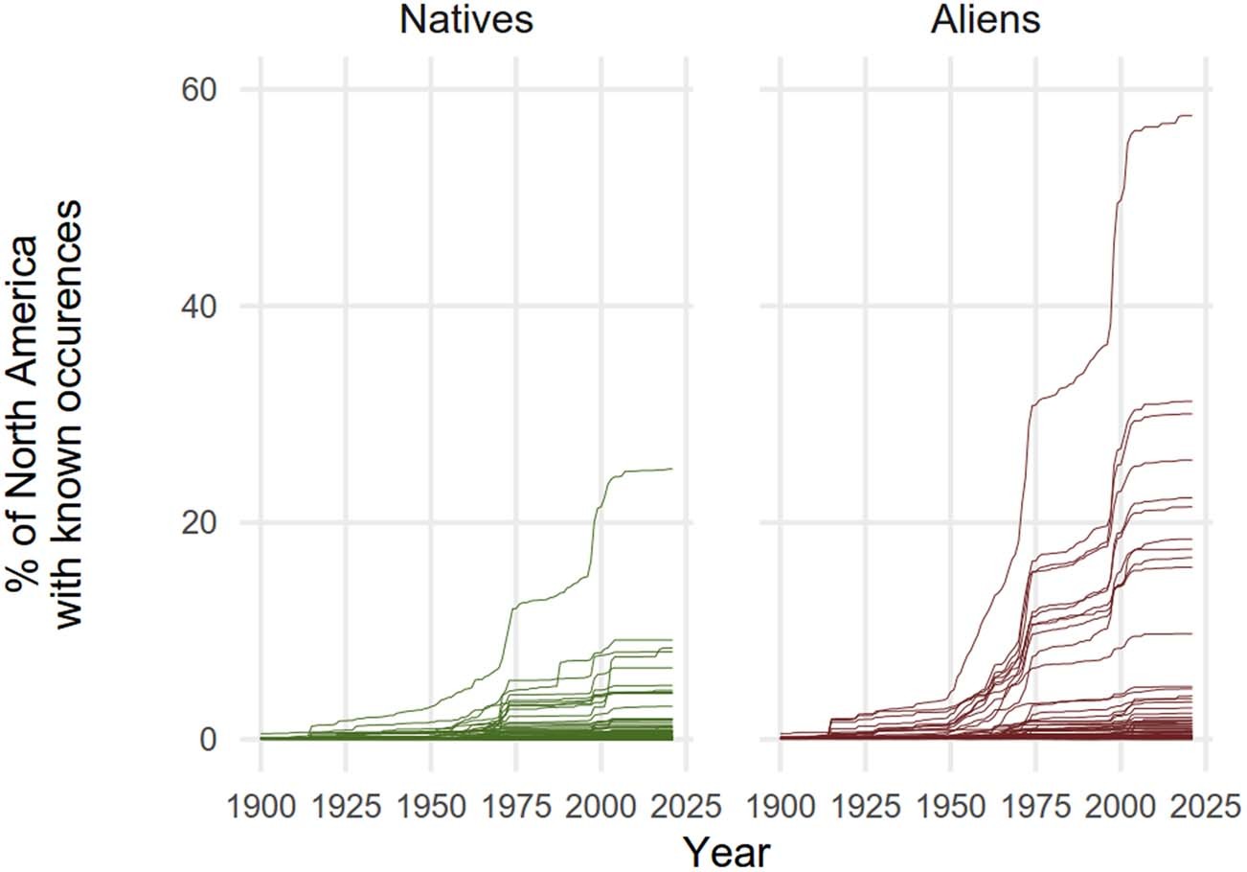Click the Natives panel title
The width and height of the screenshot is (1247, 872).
coord(465,19)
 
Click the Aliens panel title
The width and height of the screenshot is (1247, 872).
coord(986,19)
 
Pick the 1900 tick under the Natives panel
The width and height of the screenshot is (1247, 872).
coord(261,807)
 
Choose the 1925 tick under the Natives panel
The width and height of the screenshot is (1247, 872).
coord(346,807)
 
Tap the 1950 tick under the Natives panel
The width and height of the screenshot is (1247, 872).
coord(431,807)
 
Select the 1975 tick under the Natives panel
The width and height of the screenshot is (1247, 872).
coord(516,807)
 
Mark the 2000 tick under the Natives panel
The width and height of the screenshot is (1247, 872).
coord(601,807)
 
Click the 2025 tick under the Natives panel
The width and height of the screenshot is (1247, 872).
coord(686,807)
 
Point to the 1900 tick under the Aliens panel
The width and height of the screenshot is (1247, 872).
coord(780,807)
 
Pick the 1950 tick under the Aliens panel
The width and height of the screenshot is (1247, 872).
coord(950,807)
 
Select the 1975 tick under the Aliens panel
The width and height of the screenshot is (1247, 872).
coord(1035,807)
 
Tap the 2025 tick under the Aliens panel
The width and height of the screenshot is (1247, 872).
coord(1205,807)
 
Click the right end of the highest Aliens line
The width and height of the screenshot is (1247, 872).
coord(1190,116)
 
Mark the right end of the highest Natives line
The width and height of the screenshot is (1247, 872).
coord(672,469)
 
